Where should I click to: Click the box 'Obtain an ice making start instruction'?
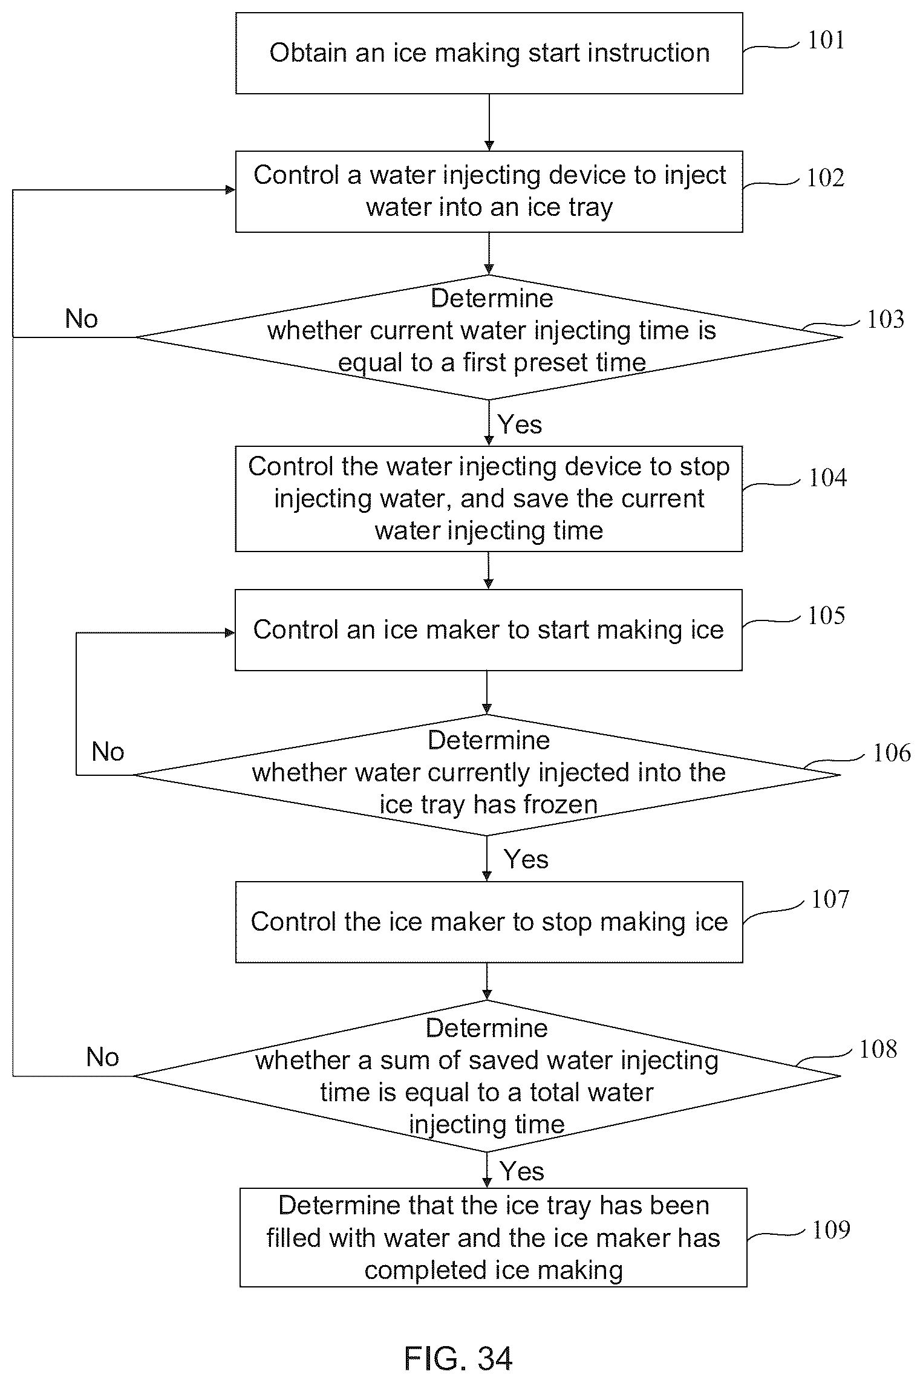489,53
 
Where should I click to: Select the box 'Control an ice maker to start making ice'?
489,630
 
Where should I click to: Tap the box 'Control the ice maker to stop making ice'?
489,922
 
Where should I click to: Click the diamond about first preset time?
489,337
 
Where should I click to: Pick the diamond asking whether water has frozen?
487,775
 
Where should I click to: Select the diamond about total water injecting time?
487,1076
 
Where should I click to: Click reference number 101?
826,41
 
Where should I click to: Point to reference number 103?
885,319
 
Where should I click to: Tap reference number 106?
892,753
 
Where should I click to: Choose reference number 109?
831,1229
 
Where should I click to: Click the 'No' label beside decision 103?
82,319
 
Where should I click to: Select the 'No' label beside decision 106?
108,752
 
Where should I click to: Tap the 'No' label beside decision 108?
103,1057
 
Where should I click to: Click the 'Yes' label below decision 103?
520,425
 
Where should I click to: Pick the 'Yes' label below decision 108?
523,1171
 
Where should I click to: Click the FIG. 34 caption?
458,1358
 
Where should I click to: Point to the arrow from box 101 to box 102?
489,123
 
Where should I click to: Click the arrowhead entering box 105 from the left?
230,633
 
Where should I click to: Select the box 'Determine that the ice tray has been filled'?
494,1237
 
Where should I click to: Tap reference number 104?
828,478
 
